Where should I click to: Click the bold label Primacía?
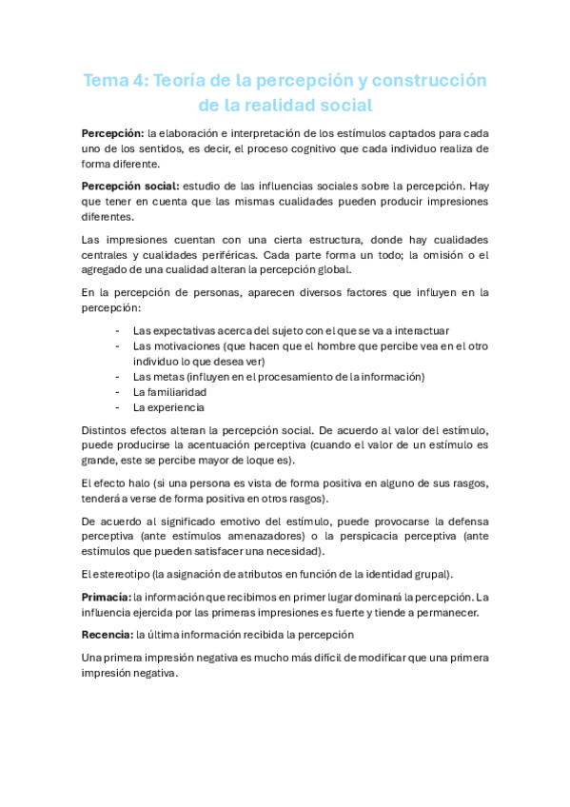pos(106,597)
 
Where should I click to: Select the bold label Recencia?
pos(107,634)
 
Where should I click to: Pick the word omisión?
pos(430,254)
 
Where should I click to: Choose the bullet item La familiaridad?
pos(169,391)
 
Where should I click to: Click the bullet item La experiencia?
pos(168,407)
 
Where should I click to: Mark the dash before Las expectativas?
pos(116,329)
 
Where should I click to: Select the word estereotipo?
pos(123,573)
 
